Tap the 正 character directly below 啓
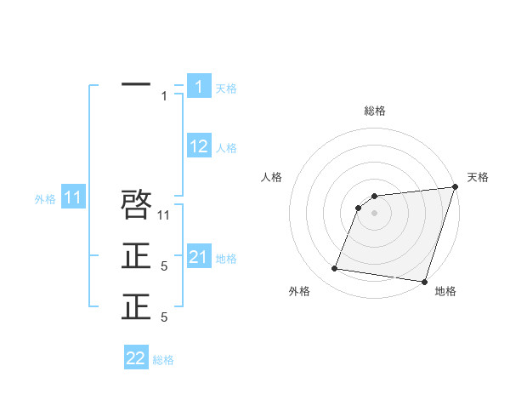coord(136,256)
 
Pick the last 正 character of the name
coord(136,307)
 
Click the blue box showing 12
coord(199,146)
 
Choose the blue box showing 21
coord(199,257)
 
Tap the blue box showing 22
coord(136,358)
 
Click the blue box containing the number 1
coord(199,87)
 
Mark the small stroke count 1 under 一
coord(164,96)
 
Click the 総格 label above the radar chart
coord(375,111)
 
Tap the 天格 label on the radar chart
coord(478,177)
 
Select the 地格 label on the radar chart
coord(445,291)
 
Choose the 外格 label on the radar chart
coord(299,291)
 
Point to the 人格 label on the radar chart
coord(272,177)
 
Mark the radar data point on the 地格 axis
coord(423,281)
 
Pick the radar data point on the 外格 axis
coord(335,269)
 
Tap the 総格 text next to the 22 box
coord(163,360)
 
